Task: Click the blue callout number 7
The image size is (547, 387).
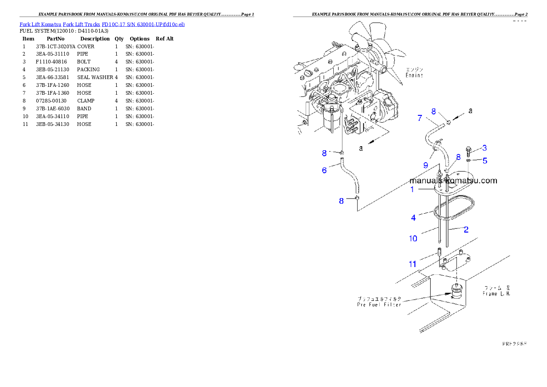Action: [419, 118]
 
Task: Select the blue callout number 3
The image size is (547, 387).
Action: [484, 148]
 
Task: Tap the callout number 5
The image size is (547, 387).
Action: [484, 161]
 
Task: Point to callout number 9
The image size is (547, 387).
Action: [426, 165]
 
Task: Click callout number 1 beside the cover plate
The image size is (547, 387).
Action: [412, 189]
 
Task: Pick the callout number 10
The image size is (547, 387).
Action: [413, 239]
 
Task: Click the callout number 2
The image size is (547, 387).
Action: [466, 229]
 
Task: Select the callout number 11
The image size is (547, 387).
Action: [412, 264]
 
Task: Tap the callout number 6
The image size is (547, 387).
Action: [324, 170]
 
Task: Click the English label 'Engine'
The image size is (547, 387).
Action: [414, 75]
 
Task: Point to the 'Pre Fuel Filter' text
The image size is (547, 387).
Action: [379, 305]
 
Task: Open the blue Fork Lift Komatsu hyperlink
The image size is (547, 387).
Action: [102, 24]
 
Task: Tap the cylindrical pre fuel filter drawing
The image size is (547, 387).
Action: [456, 292]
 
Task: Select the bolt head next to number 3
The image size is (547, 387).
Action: [468, 149]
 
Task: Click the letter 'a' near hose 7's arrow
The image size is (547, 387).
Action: [470, 111]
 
